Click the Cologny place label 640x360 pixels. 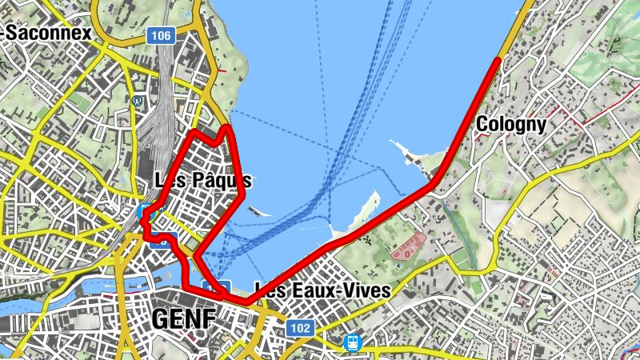point(510,125)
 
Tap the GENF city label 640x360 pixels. point(183,319)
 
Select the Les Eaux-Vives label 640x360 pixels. point(322,290)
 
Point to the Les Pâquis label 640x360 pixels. point(203,180)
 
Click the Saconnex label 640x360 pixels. point(48,33)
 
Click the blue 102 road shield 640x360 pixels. point(301,328)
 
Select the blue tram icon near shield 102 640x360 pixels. point(352,342)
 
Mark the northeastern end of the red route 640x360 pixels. point(498,60)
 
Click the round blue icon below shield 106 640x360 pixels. point(138,102)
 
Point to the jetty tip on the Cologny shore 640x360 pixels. point(393,142)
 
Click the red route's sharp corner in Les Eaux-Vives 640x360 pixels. point(248,302)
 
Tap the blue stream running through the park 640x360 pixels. point(445,212)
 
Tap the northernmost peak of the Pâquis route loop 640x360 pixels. point(228,126)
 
